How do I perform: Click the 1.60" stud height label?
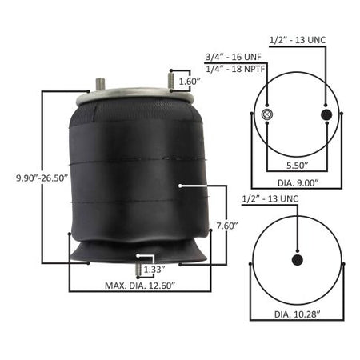(190, 82)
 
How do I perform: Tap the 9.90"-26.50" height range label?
(42, 178)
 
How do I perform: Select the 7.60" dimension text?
(227, 226)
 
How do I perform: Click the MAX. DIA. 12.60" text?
(140, 286)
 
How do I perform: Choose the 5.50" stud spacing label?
(298, 166)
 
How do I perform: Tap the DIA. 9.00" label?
(298, 183)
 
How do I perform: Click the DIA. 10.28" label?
(298, 314)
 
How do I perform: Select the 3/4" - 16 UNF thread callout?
(234, 57)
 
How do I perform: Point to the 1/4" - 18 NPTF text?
(235, 69)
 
